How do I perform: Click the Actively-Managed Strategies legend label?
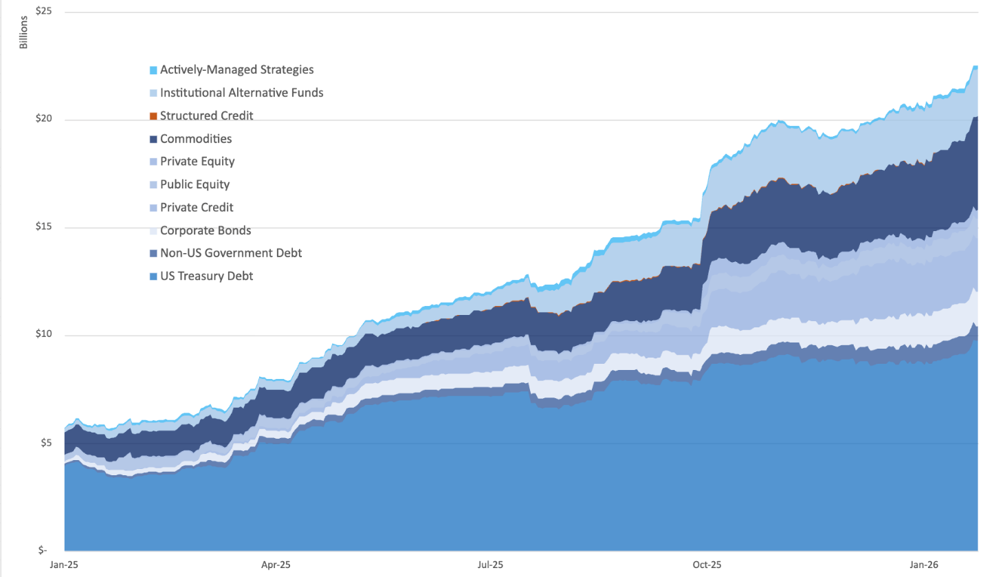click(236, 69)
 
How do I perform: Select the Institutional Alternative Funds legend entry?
click(241, 93)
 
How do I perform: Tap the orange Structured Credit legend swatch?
click(153, 116)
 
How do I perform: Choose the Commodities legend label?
click(196, 139)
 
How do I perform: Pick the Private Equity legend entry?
click(197, 162)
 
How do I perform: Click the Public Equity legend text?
click(195, 184)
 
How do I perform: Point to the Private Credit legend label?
click(197, 208)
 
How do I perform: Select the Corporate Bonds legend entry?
click(206, 230)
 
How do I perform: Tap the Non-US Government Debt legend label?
click(231, 253)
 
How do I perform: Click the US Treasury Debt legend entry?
click(206, 276)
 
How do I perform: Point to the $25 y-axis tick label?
click(43, 11)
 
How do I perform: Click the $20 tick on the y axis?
click(43, 118)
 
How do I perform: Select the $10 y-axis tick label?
click(43, 334)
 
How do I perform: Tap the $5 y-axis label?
click(45, 442)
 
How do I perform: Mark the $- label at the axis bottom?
click(43, 549)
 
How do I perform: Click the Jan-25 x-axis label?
click(64, 565)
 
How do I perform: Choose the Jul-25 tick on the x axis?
click(490, 565)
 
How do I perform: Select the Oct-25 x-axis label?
click(707, 565)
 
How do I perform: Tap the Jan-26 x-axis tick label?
click(923, 565)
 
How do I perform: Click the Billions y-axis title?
click(24, 32)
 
